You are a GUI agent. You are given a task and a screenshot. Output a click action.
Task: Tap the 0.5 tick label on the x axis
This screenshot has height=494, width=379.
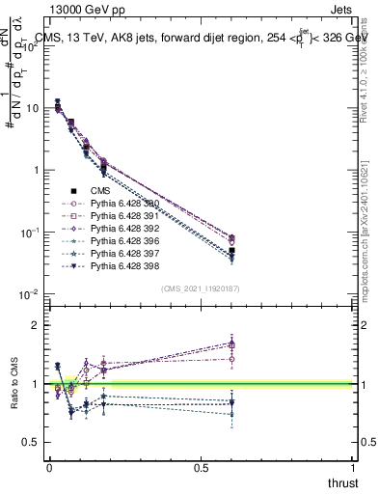(201, 466)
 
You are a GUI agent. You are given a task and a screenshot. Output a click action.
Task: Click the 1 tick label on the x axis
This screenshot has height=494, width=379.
(353, 466)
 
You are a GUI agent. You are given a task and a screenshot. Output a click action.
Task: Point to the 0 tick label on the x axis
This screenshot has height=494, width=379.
(49, 466)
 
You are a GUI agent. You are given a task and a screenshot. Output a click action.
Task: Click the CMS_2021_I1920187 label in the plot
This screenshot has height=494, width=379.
(200, 288)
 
